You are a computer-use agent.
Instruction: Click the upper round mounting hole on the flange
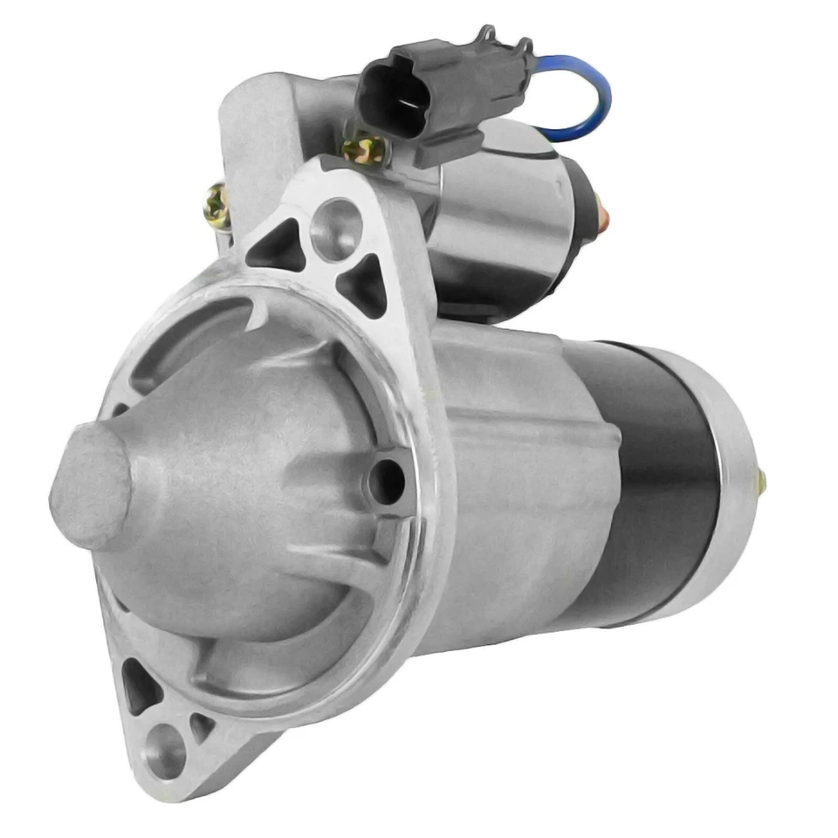[336, 229]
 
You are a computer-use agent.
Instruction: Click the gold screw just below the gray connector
[365, 151]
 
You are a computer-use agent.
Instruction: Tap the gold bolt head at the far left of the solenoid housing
[216, 205]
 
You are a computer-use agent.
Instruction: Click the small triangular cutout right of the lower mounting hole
[203, 725]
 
